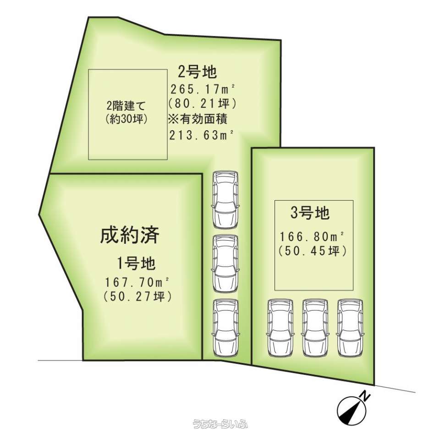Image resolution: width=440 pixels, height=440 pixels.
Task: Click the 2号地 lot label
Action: [198, 71]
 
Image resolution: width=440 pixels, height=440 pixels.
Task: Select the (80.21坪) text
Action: [202, 104]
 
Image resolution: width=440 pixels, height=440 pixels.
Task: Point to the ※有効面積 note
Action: [198, 119]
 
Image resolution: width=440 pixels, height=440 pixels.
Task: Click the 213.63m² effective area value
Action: [202, 135]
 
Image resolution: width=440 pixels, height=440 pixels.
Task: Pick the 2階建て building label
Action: [126, 107]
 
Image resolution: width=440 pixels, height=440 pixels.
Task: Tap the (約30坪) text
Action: [127, 119]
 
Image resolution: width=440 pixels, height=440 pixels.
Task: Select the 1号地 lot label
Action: [136, 264]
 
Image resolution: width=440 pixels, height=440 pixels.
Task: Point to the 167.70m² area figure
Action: [137, 283]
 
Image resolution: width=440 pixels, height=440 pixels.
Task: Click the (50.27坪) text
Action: [137, 297]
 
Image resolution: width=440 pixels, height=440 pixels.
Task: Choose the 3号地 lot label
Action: [310, 213]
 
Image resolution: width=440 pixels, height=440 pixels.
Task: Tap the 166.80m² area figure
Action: [312, 237]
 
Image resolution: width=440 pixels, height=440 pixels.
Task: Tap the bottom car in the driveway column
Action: [225, 328]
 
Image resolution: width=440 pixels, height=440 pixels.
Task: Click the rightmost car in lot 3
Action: [350, 328]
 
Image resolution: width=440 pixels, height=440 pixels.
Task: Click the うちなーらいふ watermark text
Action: [220, 423]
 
